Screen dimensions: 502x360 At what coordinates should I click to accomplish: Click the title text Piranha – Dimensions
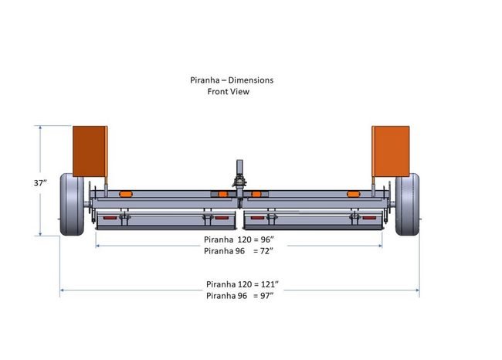point(232,80)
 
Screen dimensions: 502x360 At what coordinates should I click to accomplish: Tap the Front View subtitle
point(229,92)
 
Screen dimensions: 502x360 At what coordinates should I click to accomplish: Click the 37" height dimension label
point(40,183)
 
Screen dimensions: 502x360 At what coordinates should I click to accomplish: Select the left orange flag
point(90,151)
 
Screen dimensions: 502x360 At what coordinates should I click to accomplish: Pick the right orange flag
point(391,151)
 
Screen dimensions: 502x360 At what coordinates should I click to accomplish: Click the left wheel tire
point(72,205)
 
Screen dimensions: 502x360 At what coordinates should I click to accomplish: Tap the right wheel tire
point(407,205)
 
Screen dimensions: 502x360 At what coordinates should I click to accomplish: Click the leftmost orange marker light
point(126,194)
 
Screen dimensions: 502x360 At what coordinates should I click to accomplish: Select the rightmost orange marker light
point(354,194)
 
